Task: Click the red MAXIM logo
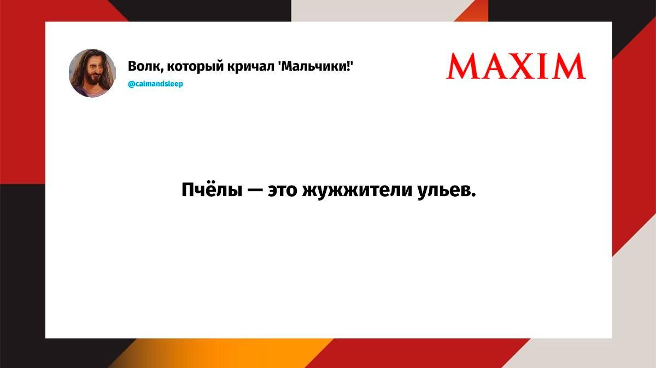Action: point(516,66)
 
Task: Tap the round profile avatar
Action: point(92,73)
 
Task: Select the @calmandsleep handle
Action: point(155,84)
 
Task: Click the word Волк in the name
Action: point(145,67)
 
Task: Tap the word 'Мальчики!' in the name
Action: point(315,66)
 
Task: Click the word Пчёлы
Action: point(212,189)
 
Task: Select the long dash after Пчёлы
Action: point(255,191)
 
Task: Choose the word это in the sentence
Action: point(282,191)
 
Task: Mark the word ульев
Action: point(447,191)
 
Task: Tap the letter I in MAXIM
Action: point(547,66)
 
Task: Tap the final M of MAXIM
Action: point(570,66)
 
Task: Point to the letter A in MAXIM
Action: point(493,67)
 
